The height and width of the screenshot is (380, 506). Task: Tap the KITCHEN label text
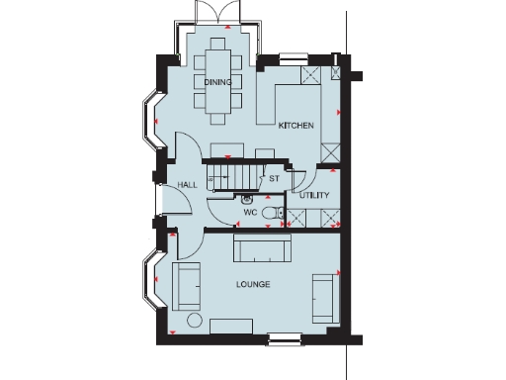295,126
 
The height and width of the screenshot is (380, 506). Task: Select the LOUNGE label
253,285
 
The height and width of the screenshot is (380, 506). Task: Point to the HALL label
188,185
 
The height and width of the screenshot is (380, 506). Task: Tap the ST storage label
275,179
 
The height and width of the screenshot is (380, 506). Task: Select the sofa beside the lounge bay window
184,285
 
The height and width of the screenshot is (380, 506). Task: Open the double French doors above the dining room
216,14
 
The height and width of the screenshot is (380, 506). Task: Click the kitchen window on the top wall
294,55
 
